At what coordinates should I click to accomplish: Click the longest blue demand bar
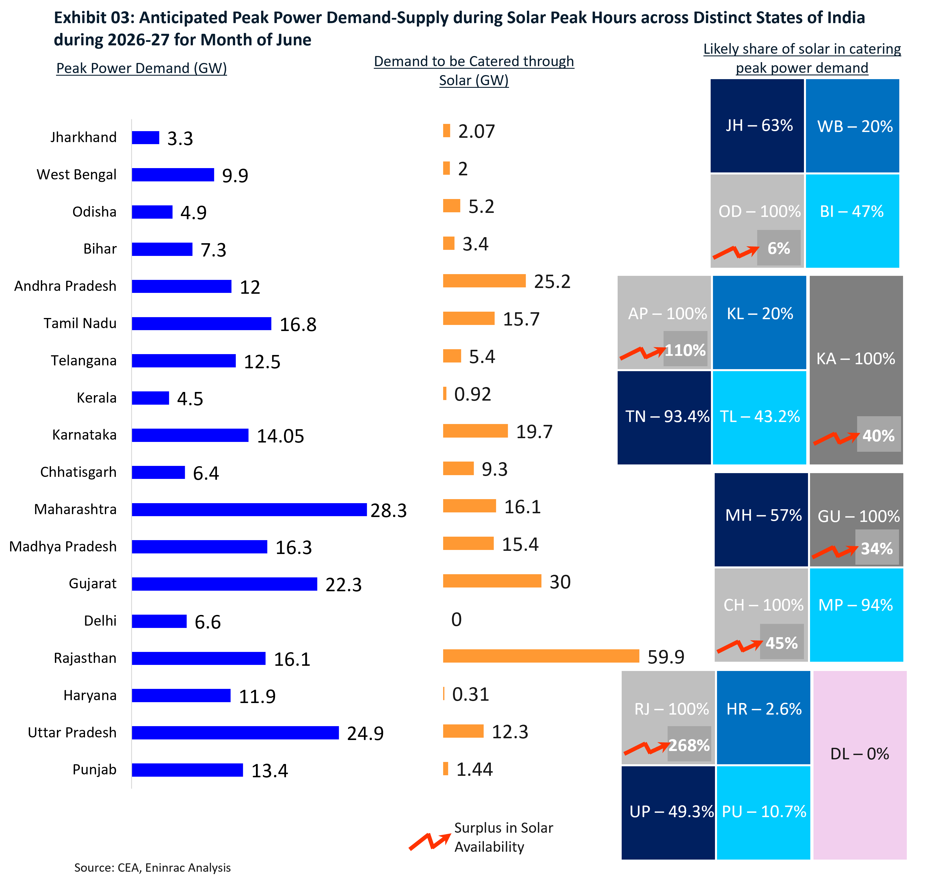click(249, 510)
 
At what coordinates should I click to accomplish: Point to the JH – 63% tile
click(757, 125)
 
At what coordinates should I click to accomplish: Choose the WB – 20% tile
click(853, 125)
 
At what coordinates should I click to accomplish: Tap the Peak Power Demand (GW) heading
click(142, 68)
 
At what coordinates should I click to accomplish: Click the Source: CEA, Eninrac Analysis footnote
click(152, 868)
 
